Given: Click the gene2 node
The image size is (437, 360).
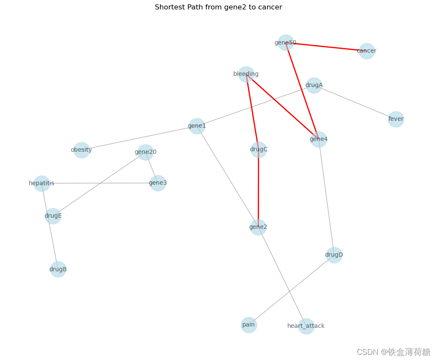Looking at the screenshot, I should point(258,227).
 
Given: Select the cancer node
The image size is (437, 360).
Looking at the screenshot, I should point(367,51).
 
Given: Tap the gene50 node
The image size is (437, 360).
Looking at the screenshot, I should point(286,42).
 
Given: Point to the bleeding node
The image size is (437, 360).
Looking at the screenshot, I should point(246,74).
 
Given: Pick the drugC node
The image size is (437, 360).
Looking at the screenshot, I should point(259,150).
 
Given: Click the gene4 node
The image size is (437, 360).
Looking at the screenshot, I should point(319,139).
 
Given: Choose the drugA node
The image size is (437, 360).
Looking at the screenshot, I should point(314,85).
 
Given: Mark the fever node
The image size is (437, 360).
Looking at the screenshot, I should point(396,119).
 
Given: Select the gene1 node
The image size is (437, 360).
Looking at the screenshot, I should point(197,126).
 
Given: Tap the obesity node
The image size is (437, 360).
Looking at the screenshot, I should point(81,150).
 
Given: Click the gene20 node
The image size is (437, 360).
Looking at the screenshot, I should point(145,152).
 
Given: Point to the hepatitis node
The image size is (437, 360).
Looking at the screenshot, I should point(42,183).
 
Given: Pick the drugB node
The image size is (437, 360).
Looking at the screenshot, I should point(58,270).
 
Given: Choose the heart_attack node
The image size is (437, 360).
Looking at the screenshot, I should point(306,326).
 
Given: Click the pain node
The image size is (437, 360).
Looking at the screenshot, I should point(249,325).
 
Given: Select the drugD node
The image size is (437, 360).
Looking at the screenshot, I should point(334,255).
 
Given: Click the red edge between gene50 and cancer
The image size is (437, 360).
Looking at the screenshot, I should point(326,47).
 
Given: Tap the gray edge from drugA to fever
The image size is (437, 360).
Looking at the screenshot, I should point(355,102).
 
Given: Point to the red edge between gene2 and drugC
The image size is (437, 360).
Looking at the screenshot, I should point(258,189).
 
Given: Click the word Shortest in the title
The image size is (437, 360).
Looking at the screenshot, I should point(169,7).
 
